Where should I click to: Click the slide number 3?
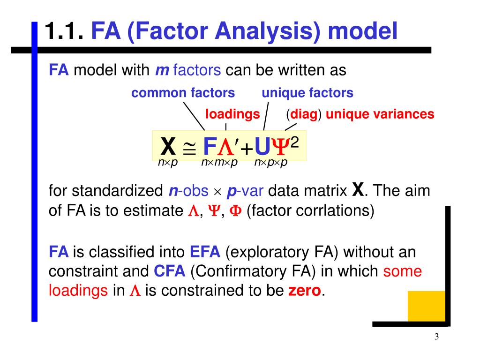436,337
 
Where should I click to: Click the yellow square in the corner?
426,306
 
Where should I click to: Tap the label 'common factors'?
183,93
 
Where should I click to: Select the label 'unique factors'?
307,93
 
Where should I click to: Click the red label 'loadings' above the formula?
232,114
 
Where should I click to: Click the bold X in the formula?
168,147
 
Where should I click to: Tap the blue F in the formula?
209,147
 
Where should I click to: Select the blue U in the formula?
262,147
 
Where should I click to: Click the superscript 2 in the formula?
295,141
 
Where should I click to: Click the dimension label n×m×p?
219,163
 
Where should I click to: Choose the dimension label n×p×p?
270,163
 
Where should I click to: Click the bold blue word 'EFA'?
205,252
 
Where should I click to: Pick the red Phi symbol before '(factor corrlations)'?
237,210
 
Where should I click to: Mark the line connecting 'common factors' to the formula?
193,115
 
